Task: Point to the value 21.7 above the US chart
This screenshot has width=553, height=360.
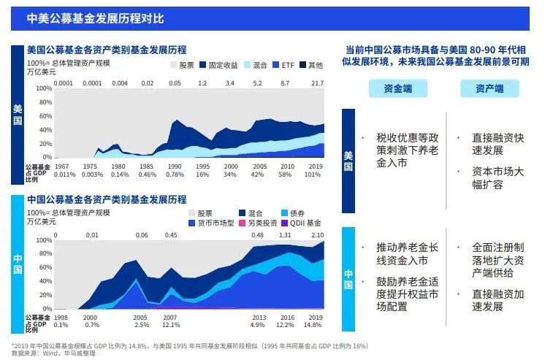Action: pos(316,83)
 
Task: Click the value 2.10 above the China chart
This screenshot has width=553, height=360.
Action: pos(317,235)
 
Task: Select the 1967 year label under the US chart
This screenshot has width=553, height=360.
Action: pos(63,166)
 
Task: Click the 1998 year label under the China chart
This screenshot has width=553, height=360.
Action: pos(62,318)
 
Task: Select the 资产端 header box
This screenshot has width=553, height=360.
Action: pos(489,89)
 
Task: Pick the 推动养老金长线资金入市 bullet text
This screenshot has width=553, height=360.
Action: pos(402,254)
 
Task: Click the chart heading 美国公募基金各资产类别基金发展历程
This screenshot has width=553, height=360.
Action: pos(107,50)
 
